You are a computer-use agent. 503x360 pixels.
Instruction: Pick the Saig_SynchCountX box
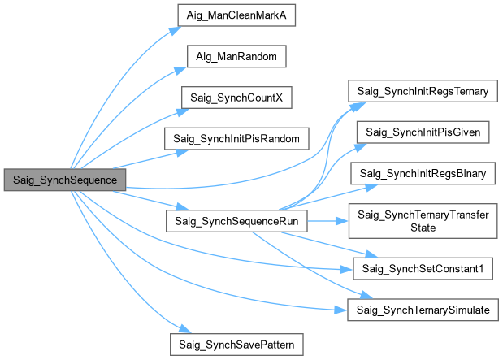coord(236,98)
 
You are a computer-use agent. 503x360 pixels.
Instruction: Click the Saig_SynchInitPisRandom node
coord(236,138)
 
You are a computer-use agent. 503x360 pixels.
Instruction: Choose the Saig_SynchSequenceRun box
coord(236,220)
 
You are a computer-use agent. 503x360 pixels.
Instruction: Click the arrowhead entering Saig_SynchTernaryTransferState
coord(344,220)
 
